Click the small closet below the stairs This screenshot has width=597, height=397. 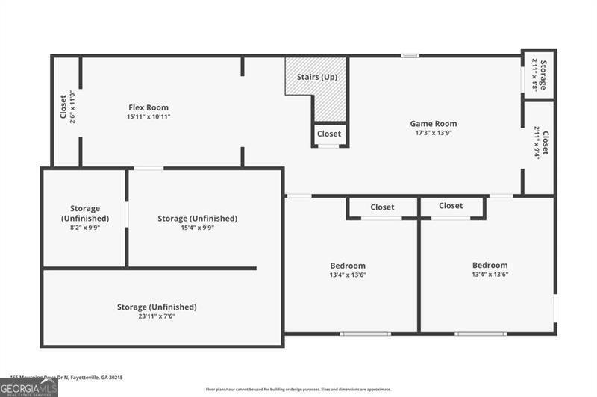coord(329,134)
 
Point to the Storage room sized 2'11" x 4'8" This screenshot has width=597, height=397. coord(539,75)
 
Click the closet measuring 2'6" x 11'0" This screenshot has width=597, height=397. coord(66,107)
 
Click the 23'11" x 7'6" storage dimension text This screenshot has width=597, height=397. coord(157,317)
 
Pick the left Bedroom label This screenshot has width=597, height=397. coord(348,266)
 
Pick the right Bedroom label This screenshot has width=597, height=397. coord(490,265)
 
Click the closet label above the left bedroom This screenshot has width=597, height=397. coord(382,207)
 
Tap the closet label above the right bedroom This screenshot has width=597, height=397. coord(451,206)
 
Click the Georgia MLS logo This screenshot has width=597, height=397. coord(28,387)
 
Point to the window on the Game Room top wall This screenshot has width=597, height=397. coord(409,56)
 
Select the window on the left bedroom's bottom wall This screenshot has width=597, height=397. coord(365,333)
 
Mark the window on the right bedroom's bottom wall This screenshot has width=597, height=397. coord(481,333)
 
